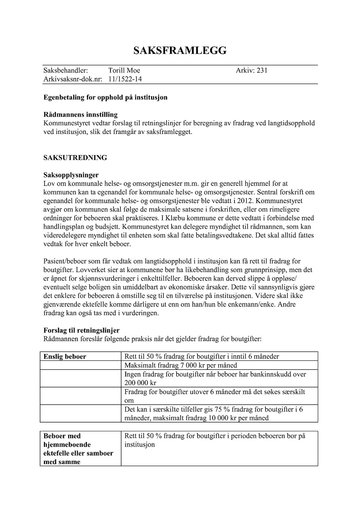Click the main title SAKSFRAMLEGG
click(180, 50)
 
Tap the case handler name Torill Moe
click(124, 70)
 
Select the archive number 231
click(262, 70)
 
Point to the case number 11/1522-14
click(125, 79)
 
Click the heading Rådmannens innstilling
click(80, 115)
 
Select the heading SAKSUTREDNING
click(75, 158)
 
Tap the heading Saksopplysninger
click(71, 175)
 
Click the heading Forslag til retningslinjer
click(81, 330)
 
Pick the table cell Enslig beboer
click(65, 356)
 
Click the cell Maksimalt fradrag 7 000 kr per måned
click(181, 365)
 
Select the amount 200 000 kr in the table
click(140, 383)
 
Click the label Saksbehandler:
click(65, 70)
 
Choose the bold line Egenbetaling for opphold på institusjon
click(105, 97)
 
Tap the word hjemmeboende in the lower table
click(67, 445)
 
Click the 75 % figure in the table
click(208, 409)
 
